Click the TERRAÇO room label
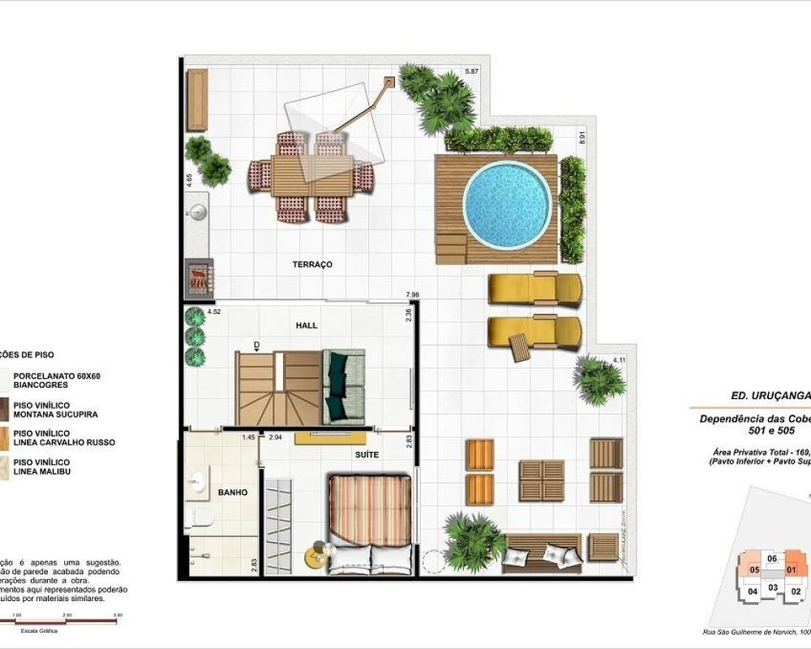point(313,264)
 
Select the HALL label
point(307,325)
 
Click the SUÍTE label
point(366,455)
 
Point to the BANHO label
point(232,492)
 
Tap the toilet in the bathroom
point(200,518)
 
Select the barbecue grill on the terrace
point(199,276)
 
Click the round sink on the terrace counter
point(198,213)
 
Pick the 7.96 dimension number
point(413,294)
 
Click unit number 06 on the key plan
point(772,558)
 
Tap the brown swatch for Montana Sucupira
point(5,410)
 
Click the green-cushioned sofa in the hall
point(344,387)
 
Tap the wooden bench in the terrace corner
point(198,100)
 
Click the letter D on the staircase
point(256,346)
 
